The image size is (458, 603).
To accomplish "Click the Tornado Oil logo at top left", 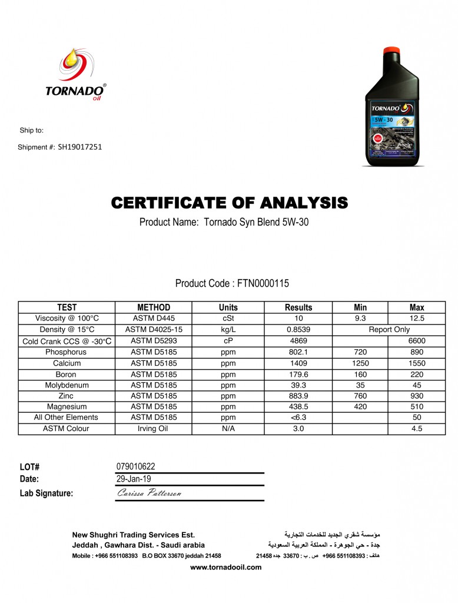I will tap(76, 75).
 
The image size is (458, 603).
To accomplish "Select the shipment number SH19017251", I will tap(80, 147).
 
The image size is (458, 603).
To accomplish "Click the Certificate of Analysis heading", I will tap(229, 204).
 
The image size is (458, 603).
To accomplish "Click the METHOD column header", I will tap(154, 307).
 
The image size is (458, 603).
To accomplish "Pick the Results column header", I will tap(298, 307).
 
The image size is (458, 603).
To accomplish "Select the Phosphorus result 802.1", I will tap(298, 352).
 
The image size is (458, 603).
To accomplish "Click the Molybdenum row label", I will tap(66, 385).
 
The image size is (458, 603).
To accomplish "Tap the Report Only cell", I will tap(389, 330).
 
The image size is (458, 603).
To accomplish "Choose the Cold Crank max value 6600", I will tap(416, 341).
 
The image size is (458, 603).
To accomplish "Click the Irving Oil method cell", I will tap(153, 429).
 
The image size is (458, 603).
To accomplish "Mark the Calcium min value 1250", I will tap(360, 363).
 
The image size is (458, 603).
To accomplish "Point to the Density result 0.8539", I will tap(298, 330).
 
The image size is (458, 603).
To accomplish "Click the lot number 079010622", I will tap(136, 467).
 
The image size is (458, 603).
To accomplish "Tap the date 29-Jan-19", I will tap(134, 479).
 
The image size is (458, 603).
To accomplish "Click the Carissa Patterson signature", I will tap(150, 493).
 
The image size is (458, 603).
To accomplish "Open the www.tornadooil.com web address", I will tap(225, 567).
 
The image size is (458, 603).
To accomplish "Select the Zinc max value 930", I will tap(416, 396).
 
